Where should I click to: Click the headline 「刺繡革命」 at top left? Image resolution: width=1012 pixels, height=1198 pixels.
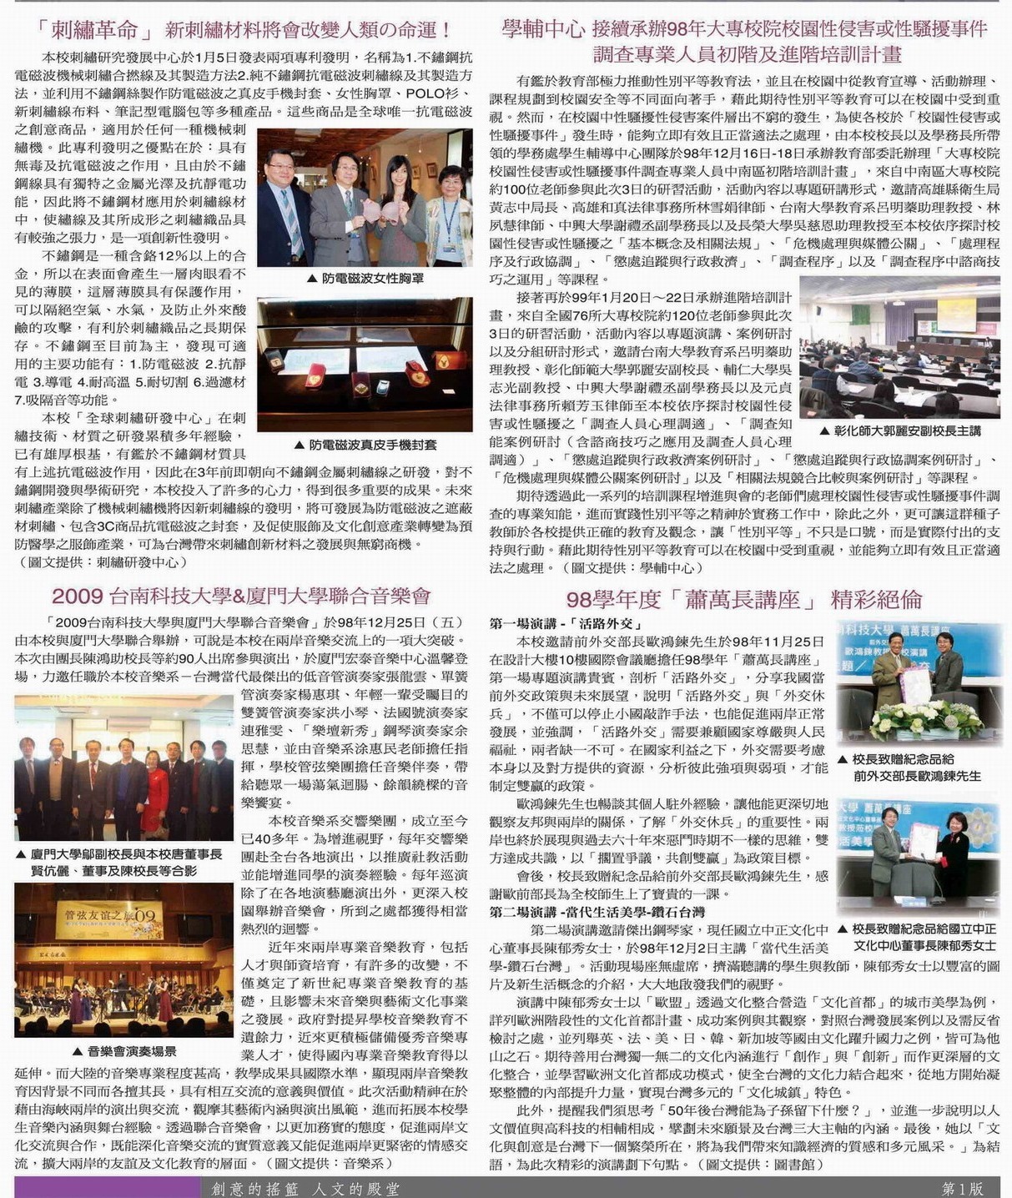pos(99,31)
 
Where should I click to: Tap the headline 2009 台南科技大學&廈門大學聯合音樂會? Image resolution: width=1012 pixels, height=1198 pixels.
pos(241,596)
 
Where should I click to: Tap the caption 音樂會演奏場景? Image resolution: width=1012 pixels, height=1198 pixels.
pos(124,1051)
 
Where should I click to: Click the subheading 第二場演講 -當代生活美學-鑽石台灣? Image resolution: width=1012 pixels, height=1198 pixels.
pos(597,912)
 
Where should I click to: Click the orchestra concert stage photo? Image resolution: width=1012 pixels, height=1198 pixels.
pos(124,960)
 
